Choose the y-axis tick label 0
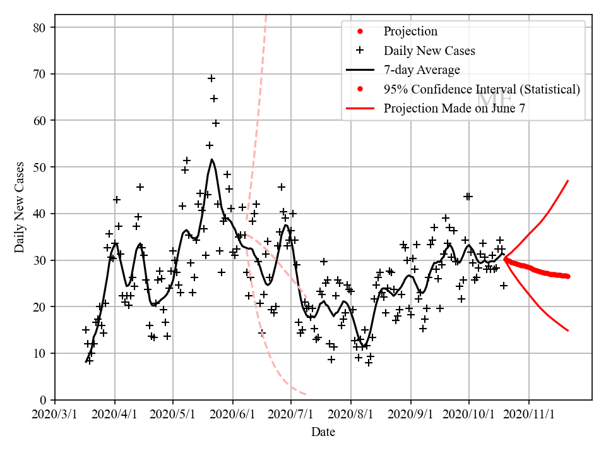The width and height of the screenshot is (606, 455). coord(45,400)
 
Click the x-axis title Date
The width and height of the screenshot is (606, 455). coord(323,433)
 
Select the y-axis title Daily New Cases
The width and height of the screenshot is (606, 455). coord(20,207)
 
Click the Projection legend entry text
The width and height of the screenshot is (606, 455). coord(410,32)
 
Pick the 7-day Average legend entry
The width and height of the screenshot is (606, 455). coord(422,70)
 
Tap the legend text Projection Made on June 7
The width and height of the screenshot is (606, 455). coord(454,108)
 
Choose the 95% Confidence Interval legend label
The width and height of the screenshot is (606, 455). coord(482,89)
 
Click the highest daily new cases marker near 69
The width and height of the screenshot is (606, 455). coord(211,78)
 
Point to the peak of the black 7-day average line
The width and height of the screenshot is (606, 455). coord(212,159)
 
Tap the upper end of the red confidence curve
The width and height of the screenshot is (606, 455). coord(568,181)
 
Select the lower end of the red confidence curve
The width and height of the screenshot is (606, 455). coord(568,331)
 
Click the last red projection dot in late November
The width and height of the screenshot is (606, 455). coord(567,276)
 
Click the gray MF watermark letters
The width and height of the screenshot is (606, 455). coord(494,99)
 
